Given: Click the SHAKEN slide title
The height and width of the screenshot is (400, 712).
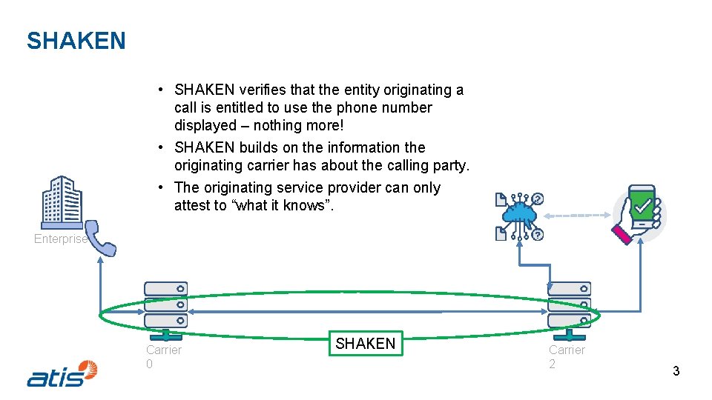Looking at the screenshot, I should [76, 41].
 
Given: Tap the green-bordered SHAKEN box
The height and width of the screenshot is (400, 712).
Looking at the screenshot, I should [366, 344].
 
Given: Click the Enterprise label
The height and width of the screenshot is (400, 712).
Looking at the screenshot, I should [60, 239].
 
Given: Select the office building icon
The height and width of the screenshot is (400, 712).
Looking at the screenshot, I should [62, 201].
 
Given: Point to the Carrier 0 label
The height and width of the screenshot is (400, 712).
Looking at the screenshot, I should [163, 356].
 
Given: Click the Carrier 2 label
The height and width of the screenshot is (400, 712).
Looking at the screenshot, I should [567, 356].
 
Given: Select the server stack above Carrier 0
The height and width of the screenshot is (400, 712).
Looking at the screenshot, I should [165, 304].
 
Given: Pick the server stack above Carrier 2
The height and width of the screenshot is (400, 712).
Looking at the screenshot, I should [569, 304].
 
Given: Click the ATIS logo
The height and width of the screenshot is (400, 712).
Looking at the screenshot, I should [62, 373].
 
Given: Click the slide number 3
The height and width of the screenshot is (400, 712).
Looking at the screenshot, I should [676, 371].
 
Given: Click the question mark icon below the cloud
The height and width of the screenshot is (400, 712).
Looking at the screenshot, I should [537, 235].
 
